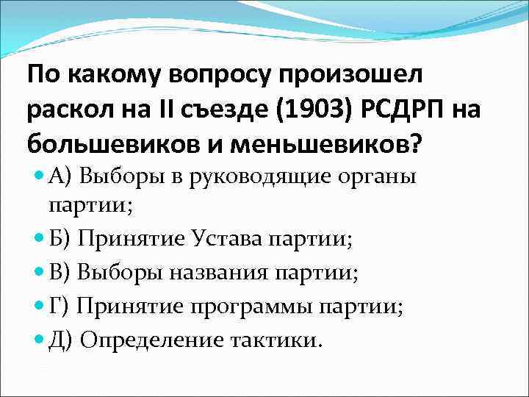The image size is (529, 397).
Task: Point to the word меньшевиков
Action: (331, 143)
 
